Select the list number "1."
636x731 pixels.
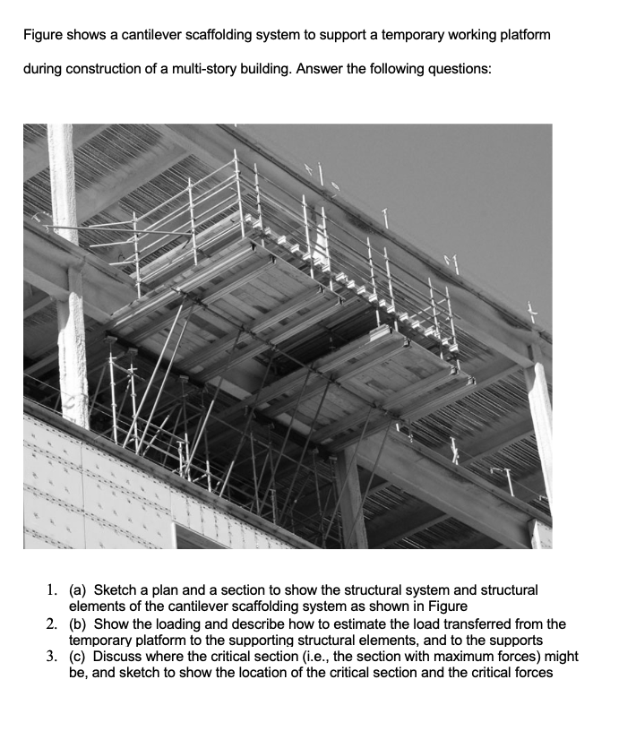click(x=53, y=590)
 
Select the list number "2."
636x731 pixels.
click(x=53, y=624)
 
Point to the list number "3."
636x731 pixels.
click(x=53, y=658)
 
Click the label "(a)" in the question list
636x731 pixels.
click(x=79, y=590)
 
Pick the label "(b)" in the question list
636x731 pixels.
click(x=79, y=624)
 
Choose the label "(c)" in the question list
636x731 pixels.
click(x=79, y=658)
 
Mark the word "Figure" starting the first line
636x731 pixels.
click(x=43, y=35)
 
